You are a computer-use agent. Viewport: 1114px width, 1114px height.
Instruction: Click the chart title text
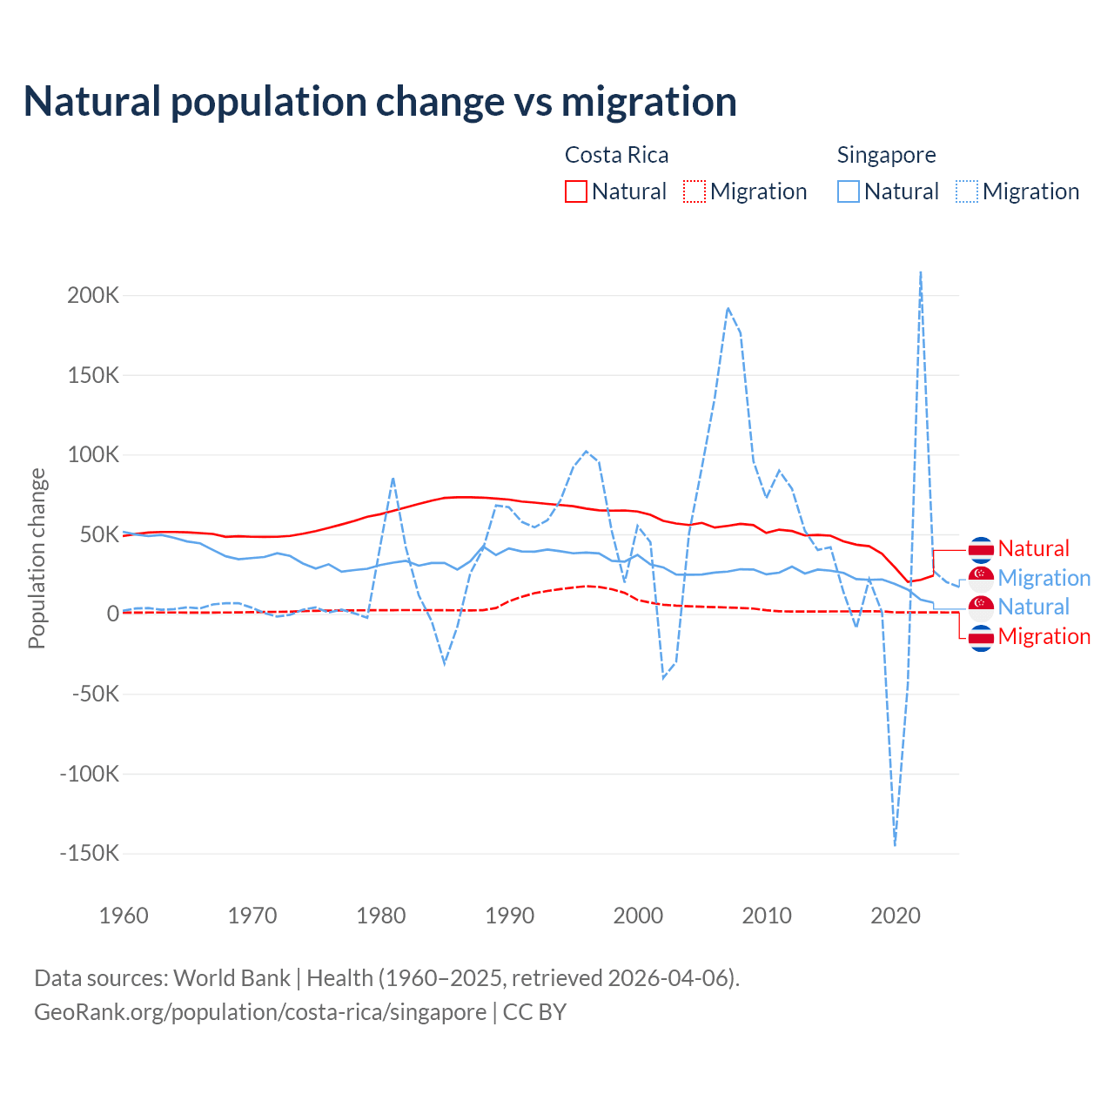point(379,102)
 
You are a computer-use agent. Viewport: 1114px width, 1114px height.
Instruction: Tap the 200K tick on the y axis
point(93,295)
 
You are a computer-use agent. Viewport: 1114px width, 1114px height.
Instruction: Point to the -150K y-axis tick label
point(89,853)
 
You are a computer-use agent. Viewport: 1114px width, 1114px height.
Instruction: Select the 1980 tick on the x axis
point(381,916)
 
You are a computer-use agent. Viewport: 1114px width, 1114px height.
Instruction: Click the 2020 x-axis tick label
point(896,916)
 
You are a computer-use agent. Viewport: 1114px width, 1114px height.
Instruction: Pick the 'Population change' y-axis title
point(37,558)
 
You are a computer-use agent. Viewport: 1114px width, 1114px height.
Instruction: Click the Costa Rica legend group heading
point(616,155)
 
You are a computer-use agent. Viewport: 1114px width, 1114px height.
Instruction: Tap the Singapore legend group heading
point(886,155)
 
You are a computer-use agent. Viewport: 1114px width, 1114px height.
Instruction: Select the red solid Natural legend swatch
point(576,191)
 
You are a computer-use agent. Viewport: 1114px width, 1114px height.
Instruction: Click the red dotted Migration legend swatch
point(695,191)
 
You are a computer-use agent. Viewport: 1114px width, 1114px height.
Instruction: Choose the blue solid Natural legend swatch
point(849,191)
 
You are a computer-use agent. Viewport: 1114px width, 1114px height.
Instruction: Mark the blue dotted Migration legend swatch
point(967,191)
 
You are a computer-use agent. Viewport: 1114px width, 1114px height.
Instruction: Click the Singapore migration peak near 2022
point(921,273)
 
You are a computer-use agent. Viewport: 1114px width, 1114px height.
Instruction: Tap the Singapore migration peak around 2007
point(728,308)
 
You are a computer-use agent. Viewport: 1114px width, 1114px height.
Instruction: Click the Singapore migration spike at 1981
point(393,478)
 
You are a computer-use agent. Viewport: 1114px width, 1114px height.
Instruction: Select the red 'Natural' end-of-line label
point(1033,548)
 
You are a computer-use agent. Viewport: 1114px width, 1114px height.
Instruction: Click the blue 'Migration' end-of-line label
point(1044,578)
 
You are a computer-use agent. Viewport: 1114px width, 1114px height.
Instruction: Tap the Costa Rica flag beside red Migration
point(981,637)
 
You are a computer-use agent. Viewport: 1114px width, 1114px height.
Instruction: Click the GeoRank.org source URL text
point(260,1012)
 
